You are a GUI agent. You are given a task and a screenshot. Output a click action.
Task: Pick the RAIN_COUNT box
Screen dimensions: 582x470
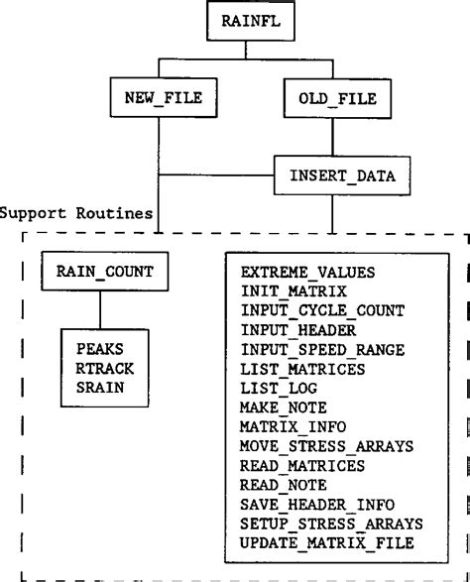(x=98, y=269)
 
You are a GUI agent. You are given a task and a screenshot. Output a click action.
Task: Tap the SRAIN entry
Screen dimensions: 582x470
(x=96, y=387)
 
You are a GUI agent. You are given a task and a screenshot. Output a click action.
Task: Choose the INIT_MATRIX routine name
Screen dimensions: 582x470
(x=292, y=291)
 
